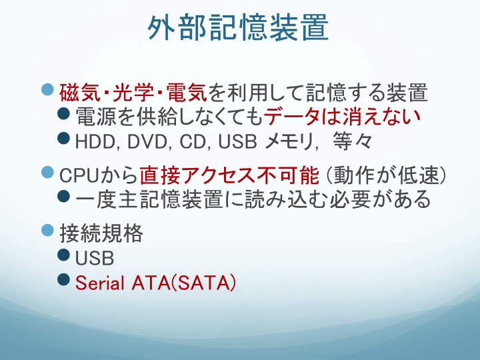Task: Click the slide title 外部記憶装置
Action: click(238, 27)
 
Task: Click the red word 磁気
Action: click(79, 93)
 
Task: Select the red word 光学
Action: click(133, 93)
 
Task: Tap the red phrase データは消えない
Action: click(342, 117)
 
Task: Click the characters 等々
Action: click(352, 141)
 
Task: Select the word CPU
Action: click(78, 176)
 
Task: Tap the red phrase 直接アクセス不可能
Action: click(229, 175)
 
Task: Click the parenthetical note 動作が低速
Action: click(385, 175)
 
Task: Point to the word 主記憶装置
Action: click(171, 199)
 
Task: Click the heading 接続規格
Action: click(101, 233)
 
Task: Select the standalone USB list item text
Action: click(95, 258)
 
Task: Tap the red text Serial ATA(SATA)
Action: click(155, 283)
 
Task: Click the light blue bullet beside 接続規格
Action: click(47, 230)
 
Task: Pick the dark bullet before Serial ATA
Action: click(64, 279)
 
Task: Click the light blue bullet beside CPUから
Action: click(47, 172)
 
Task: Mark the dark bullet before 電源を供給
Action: click(64, 113)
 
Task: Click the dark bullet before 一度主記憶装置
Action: click(64, 195)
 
